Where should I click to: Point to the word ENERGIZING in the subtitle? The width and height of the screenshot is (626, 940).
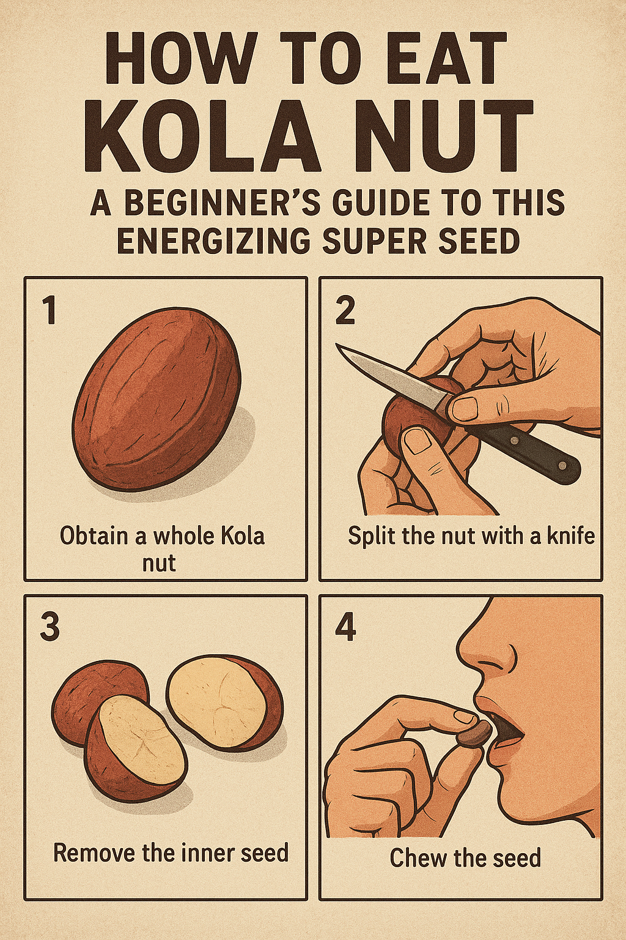[214, 241]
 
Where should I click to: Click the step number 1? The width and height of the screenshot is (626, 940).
[50, 310]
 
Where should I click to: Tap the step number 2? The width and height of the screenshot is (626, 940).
[345, 310]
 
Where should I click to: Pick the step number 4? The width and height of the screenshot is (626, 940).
[346, 628]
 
